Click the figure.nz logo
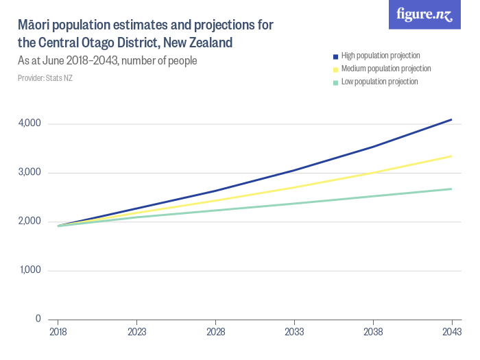coord(424,14)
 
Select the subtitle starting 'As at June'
coord(108,61)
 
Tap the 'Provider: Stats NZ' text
coord(45,78)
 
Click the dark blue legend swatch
coord(335,56)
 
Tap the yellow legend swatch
coord(335,69)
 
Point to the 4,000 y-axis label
coord(29,123)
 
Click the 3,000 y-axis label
coord(29,173)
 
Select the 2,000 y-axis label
coord(29,221)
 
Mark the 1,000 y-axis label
coord(29,270)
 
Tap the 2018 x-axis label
coord(58,332)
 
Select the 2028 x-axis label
coord(216,332)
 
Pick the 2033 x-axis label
coord(294,332)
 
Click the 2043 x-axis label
coord(452,332)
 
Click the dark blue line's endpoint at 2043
coord(452,119)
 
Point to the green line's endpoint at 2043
coord(452,189)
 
